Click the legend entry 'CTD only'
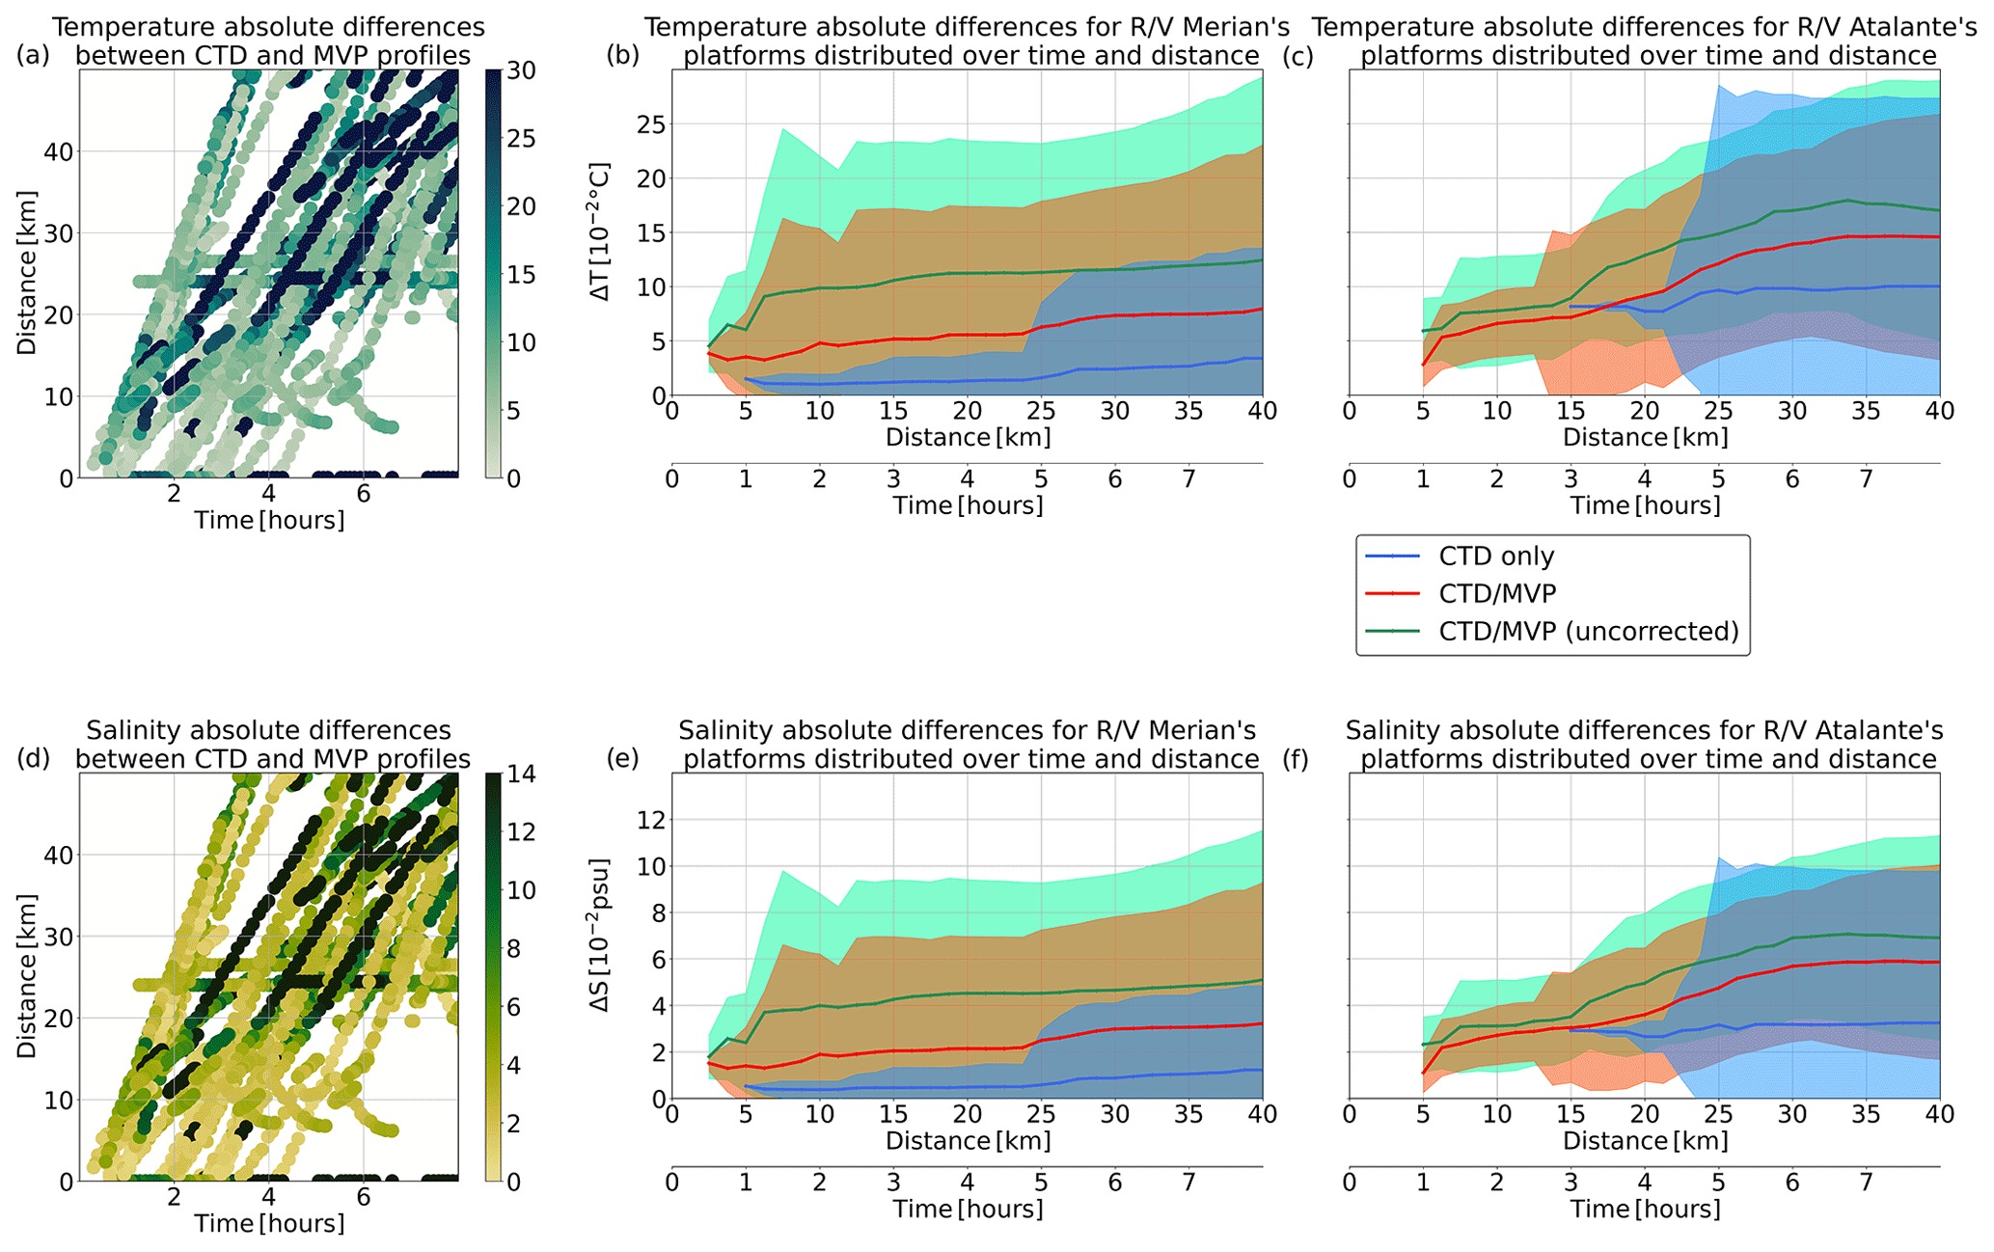[x=1495, y=557]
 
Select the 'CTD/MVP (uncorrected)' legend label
[x=1588, y=632]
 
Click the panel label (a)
[x=32, y=56]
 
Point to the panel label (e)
[x=622, y=759]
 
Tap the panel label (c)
[x=1298, y=56]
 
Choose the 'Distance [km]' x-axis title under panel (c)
[x=1645, y=438]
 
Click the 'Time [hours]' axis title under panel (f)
[x=1645, y=1209]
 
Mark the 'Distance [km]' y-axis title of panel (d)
[x=26, y=976]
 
